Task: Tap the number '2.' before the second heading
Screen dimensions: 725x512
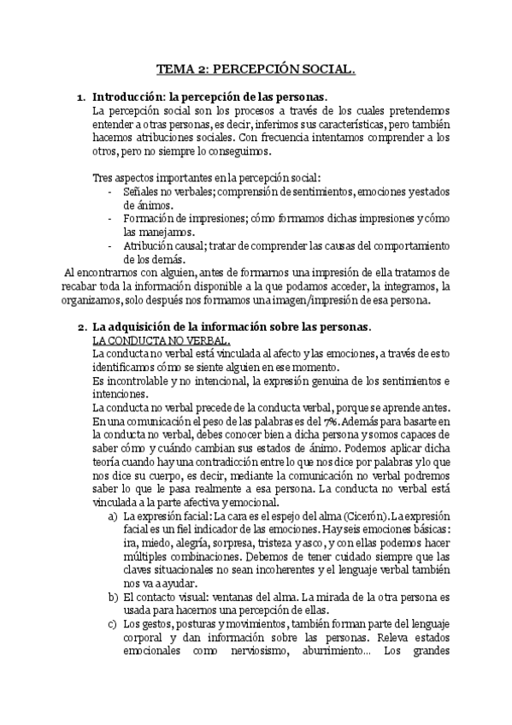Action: pyautogui.click(x=81, y=327)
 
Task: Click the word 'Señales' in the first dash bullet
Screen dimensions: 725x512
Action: pyautogui.click(x=141, y=192)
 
